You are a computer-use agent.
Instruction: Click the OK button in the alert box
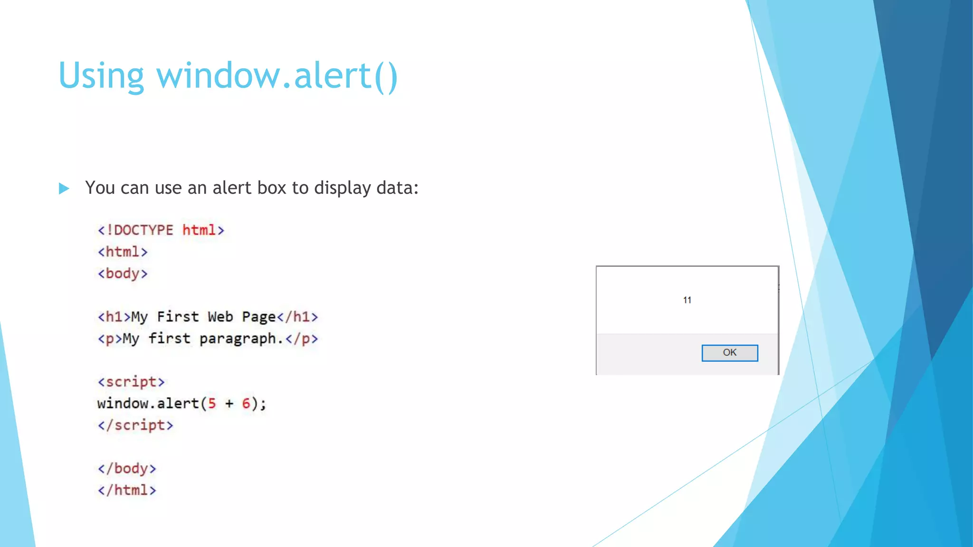tap(729, 353)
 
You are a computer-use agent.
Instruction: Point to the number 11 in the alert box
tap(687, 300)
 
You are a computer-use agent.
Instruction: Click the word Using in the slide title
tap(101, 76)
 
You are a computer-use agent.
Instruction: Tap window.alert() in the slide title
tap(277, 76)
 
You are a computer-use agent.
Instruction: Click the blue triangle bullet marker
tap(64, 189)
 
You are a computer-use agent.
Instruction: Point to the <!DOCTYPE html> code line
tap(161, 230)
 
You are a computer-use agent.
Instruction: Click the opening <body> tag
tap(123, 274)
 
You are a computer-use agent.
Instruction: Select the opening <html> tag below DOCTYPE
tap(123, 252)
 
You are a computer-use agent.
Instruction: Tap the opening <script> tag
tap(131, 382)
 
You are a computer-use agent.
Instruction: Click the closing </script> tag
tap(135, 425)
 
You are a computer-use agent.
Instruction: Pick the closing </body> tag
tap(127, 469)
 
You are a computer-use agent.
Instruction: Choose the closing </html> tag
tap(127, 490)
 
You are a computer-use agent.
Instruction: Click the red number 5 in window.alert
tap(212, 404)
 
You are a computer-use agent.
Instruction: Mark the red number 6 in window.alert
tap(246, 404)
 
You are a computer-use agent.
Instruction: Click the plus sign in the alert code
tap(229, 404)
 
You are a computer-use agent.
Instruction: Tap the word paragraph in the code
tap(238, 339)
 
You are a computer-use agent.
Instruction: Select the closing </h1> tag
tap(297, 317)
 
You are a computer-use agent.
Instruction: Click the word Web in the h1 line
tap(220, 317)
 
